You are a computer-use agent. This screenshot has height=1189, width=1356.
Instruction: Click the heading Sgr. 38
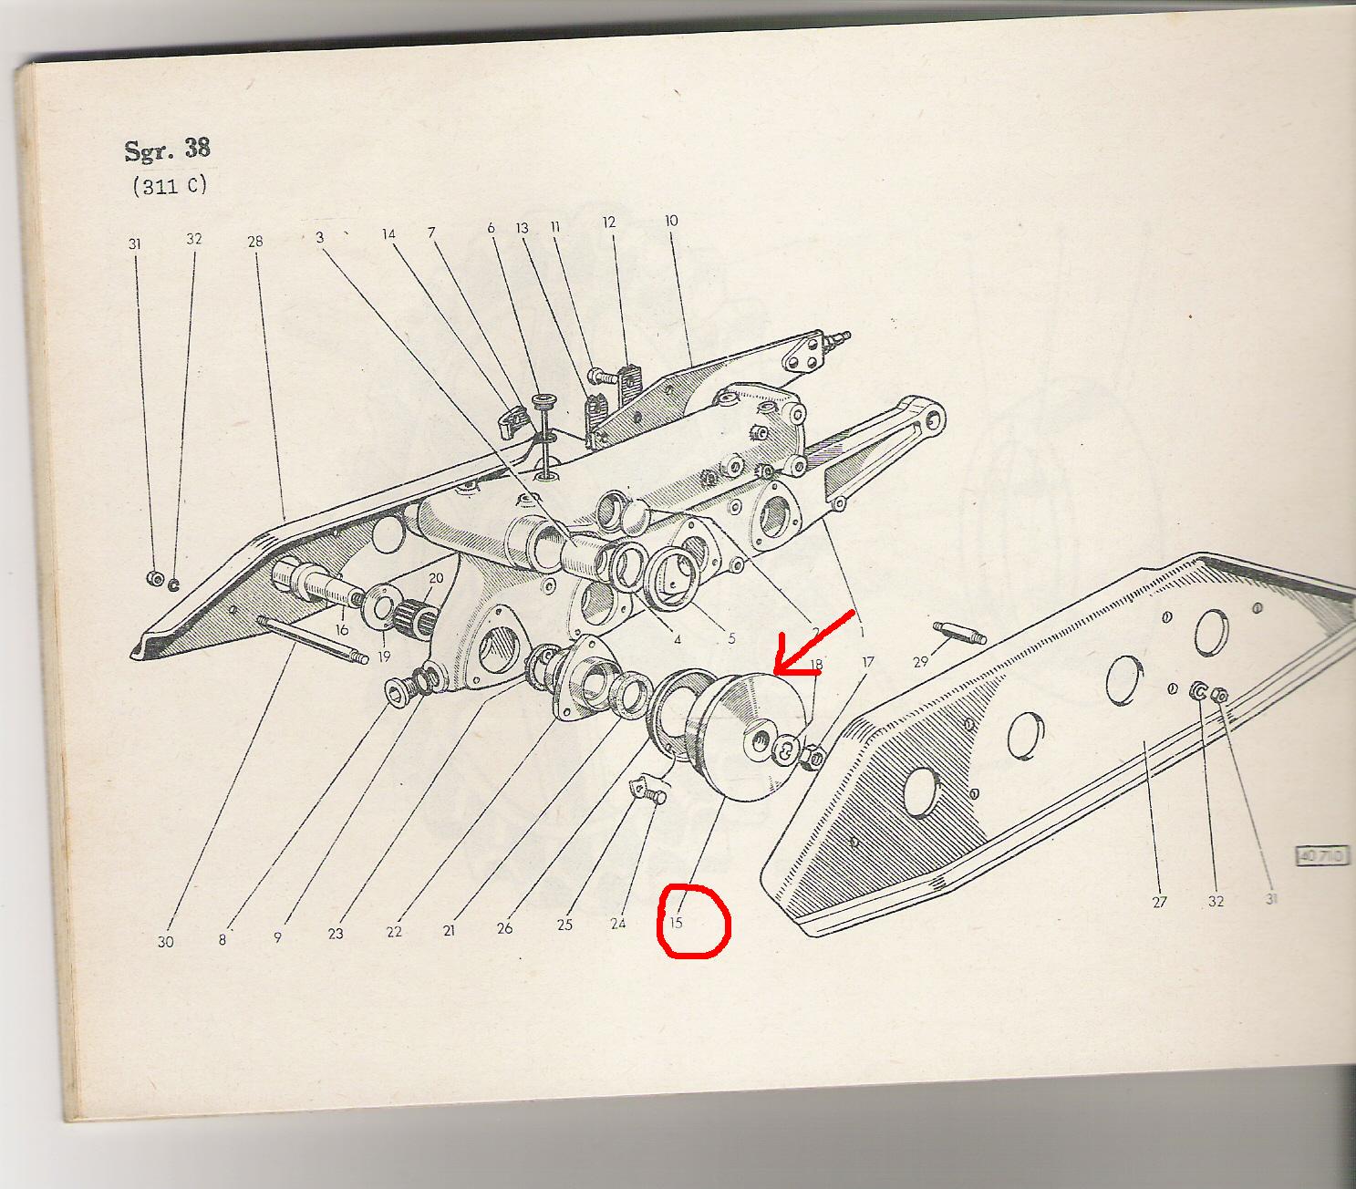point(167,150)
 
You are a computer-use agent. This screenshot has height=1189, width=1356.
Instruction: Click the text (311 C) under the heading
point(170,185)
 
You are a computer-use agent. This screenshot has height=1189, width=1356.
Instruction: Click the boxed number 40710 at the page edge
point(1322,856)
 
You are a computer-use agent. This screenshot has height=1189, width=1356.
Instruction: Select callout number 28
point(255,242)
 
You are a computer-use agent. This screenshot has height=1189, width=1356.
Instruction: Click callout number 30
point(165,942)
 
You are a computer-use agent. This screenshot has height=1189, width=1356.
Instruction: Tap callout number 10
point(671,220)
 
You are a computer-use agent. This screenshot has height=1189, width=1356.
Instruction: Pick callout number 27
point(1160,902)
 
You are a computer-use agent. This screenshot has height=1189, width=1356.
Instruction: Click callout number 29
point(921,662)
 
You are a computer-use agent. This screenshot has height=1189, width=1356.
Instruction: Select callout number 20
point(437,578)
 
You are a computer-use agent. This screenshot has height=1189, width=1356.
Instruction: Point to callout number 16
point(342,630)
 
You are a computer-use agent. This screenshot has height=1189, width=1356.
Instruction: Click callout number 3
point(320,237)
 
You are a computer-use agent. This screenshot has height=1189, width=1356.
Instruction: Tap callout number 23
point(336,934)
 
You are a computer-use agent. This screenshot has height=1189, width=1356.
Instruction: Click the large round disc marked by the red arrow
point(753,736)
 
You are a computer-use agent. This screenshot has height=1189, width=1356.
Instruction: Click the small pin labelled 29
point(959,632)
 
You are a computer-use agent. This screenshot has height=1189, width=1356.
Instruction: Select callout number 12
point(608,222)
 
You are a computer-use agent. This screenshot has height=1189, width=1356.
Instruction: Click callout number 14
point(388,234)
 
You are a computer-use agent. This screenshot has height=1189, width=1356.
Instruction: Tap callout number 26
point(504,928)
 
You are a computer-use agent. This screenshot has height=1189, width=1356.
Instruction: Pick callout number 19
point(384,657)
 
